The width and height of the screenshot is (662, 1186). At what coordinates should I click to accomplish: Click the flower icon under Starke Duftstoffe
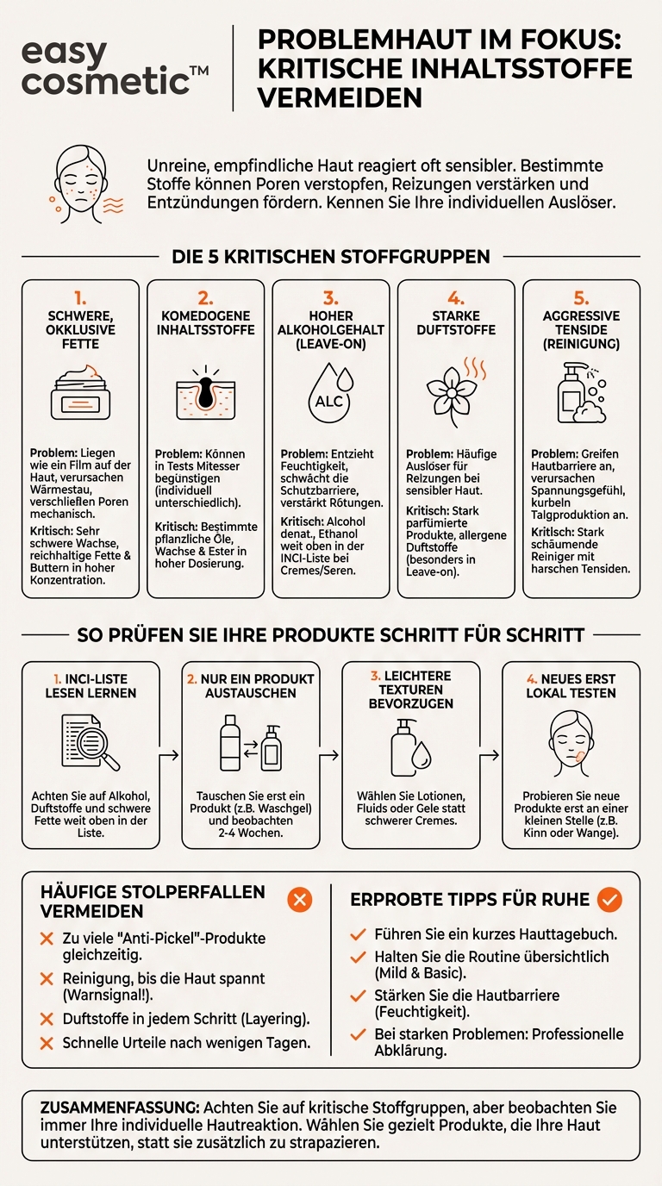(x=454, y=392)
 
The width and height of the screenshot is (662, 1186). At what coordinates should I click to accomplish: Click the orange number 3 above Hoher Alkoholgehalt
(x=331, y=298)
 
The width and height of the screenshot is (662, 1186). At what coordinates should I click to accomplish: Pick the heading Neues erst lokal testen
(x=571, y=685)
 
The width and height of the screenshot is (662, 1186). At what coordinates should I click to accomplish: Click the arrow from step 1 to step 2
(x=171, y=755)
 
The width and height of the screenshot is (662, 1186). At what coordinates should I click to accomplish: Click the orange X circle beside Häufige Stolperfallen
(x=299, y=900)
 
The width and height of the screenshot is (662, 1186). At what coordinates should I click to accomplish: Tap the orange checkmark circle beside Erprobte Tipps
(x=609, y=899)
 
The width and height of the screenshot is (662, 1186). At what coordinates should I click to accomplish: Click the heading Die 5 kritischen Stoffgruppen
(x=331, y=256)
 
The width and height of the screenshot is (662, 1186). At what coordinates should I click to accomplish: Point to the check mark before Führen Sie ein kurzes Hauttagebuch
(x=359, y=934)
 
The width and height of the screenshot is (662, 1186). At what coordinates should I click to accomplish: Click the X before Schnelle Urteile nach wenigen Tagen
(x=47, y=1043)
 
